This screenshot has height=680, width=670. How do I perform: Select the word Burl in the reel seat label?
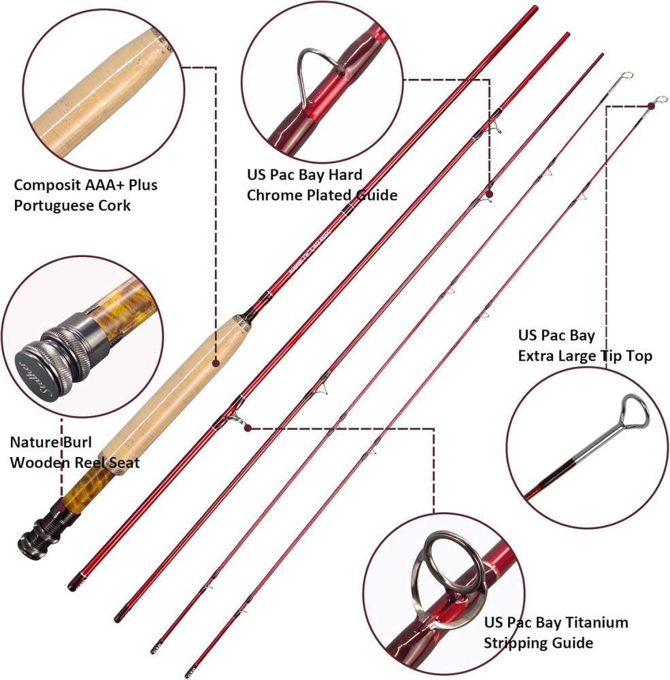point(76,442)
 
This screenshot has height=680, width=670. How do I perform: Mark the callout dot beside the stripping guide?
point(248,428)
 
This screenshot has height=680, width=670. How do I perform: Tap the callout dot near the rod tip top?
point(651,105)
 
